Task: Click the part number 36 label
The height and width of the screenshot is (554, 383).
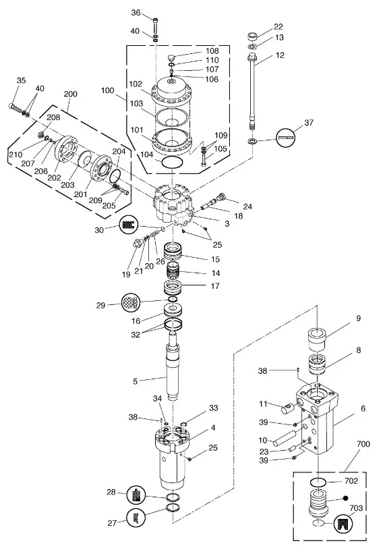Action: (x=136, y=13)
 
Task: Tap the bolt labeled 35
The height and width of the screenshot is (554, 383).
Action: (x=16, y=107)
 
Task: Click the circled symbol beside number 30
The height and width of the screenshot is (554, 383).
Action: (x=129, y=225)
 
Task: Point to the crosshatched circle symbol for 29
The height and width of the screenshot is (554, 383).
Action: (x=131, y=302)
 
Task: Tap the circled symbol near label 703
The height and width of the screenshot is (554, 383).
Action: (x=343, y=523)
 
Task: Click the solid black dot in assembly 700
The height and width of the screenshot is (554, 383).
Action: (x=346, y=498)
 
